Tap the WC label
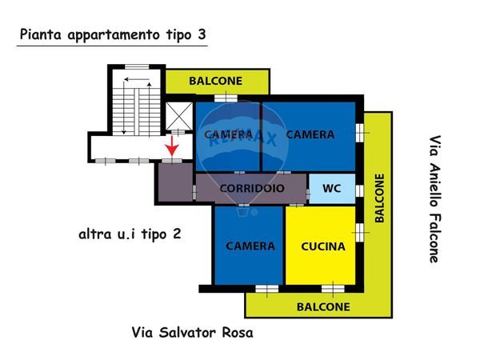(x=332, y=189)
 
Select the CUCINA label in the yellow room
(x=323, y=246)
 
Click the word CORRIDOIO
(x=252, y=189)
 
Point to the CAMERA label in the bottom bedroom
(x=250, y=246)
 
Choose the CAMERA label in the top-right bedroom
(x=310, y=135)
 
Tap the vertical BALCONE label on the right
(x=378, y=198)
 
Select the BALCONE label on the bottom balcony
(x=322, y=306)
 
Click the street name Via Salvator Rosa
(x=192, y=333)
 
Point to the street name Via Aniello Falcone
(x=434, y=198)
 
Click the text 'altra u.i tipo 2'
(x=129, y=234)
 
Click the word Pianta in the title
(x=41, y=34)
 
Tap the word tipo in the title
(x=176, y=34)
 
